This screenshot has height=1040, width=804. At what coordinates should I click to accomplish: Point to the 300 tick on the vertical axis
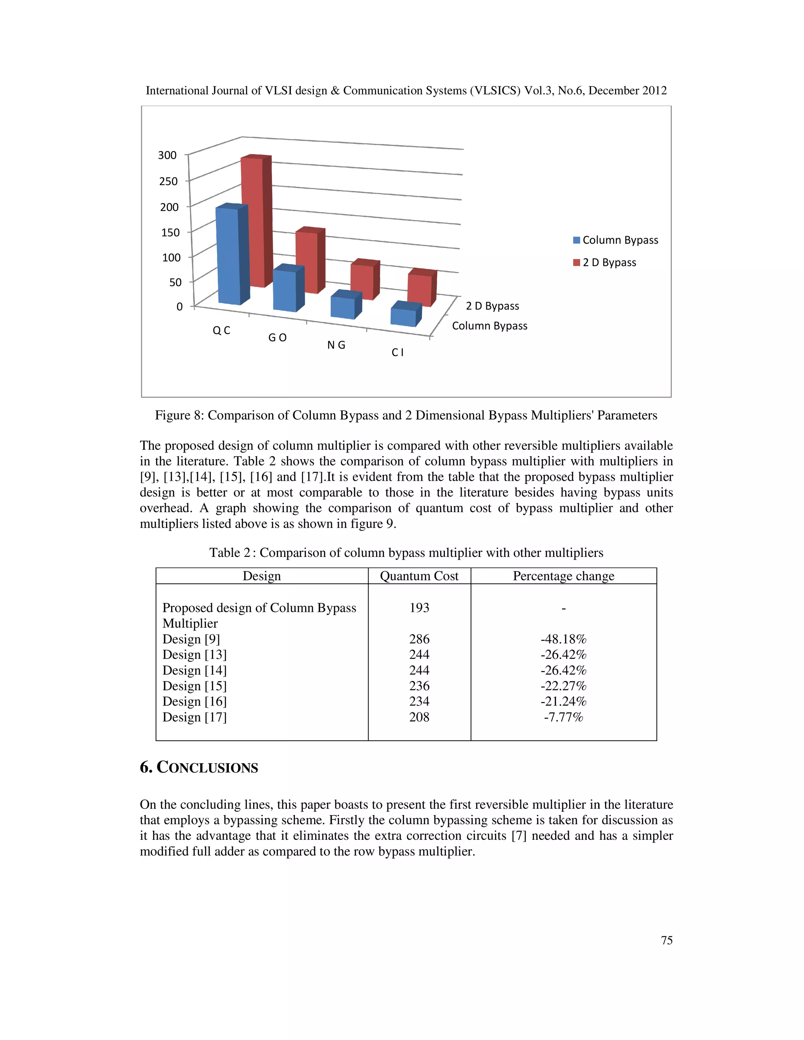pos(167,155)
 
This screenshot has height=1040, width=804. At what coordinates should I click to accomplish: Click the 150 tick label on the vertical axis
pos(170,232)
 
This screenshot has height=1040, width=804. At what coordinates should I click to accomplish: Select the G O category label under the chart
pos(277,338)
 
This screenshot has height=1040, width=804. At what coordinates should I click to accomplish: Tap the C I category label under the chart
pos(397,352)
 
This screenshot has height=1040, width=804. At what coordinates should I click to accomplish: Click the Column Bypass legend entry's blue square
pos(576,240)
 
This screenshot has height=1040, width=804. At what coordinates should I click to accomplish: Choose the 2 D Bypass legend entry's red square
pos(576,263)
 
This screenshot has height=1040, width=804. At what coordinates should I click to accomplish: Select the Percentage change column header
pos(563,576)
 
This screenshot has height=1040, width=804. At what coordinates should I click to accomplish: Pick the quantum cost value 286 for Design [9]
pos(419,639)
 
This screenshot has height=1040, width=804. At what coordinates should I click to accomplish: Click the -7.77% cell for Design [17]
pos(563,717)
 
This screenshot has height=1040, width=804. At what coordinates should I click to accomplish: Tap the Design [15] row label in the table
pos(194,686)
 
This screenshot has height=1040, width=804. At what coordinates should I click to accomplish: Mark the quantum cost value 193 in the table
pos(419,607)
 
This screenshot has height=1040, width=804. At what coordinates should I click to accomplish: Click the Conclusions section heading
pos(199,767)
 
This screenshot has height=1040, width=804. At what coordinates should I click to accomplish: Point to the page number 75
pos(666,940)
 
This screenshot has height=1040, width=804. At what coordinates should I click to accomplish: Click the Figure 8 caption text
pos(406,415)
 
